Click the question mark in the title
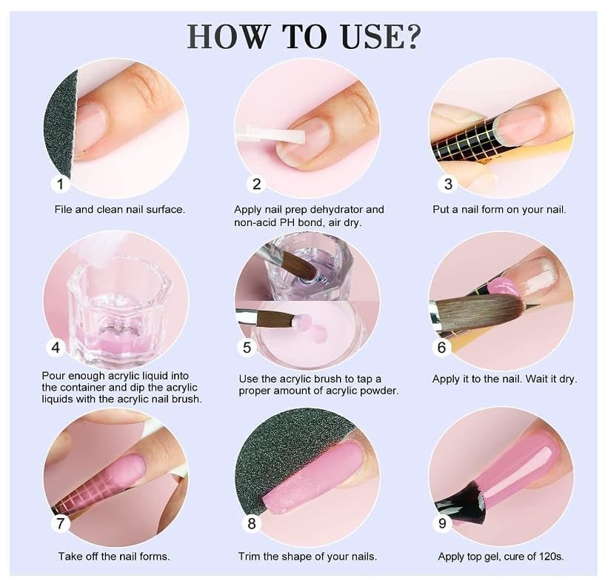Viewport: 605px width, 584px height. tap(410, 36)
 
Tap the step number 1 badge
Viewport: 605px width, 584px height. tap(60, 184)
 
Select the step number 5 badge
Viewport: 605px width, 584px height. tap(247, 348)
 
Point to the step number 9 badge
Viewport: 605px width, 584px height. tap(442, 523)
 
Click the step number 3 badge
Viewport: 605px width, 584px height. tap(447, 184)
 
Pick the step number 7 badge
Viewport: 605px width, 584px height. tap(60, 523)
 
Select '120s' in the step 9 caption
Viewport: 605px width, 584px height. tap(551, 557)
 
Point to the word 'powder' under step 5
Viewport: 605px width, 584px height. tap(378, 391)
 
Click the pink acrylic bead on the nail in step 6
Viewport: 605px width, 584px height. tap(503, 288)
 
